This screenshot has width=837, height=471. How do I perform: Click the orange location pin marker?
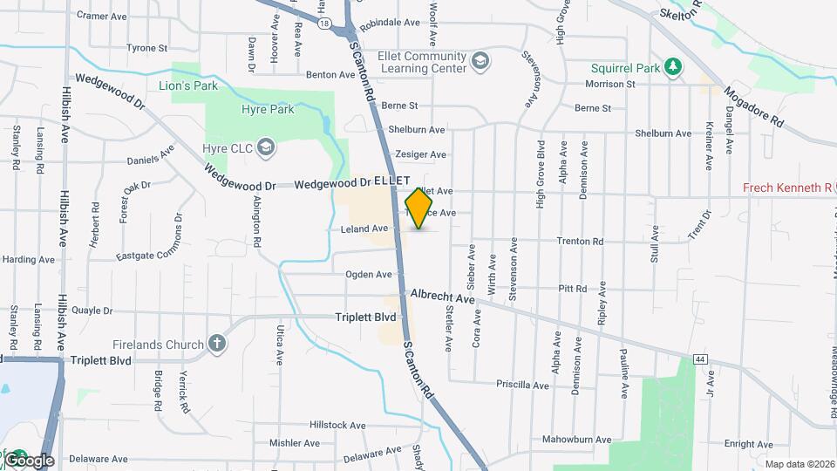pyautogui.click(x=419, y=208)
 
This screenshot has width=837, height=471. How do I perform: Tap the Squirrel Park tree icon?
pyautogui.click(x=672, y=66)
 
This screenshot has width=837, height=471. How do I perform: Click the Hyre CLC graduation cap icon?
pyautogui.click(x=266, y=148)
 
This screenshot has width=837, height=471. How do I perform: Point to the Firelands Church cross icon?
pyautogui.click(x=217, y=345)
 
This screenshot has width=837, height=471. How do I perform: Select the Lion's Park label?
pyautogui.click(x=188, y=85)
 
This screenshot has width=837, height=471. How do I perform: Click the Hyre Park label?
pyautogui.click(x=268, y=109)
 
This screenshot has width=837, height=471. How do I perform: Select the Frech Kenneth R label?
pyautogui.click(x=787, y=188)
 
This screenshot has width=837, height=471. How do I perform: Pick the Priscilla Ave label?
pyautogui.click(x=521, y=385)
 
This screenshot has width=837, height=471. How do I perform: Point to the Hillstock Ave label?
pyautogui.click(x=337, y=425)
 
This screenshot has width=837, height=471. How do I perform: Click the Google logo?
pyautogui.click(x=29, y=460)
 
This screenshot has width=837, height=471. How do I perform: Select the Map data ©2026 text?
pyautogui.click(x=799, y=464)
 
